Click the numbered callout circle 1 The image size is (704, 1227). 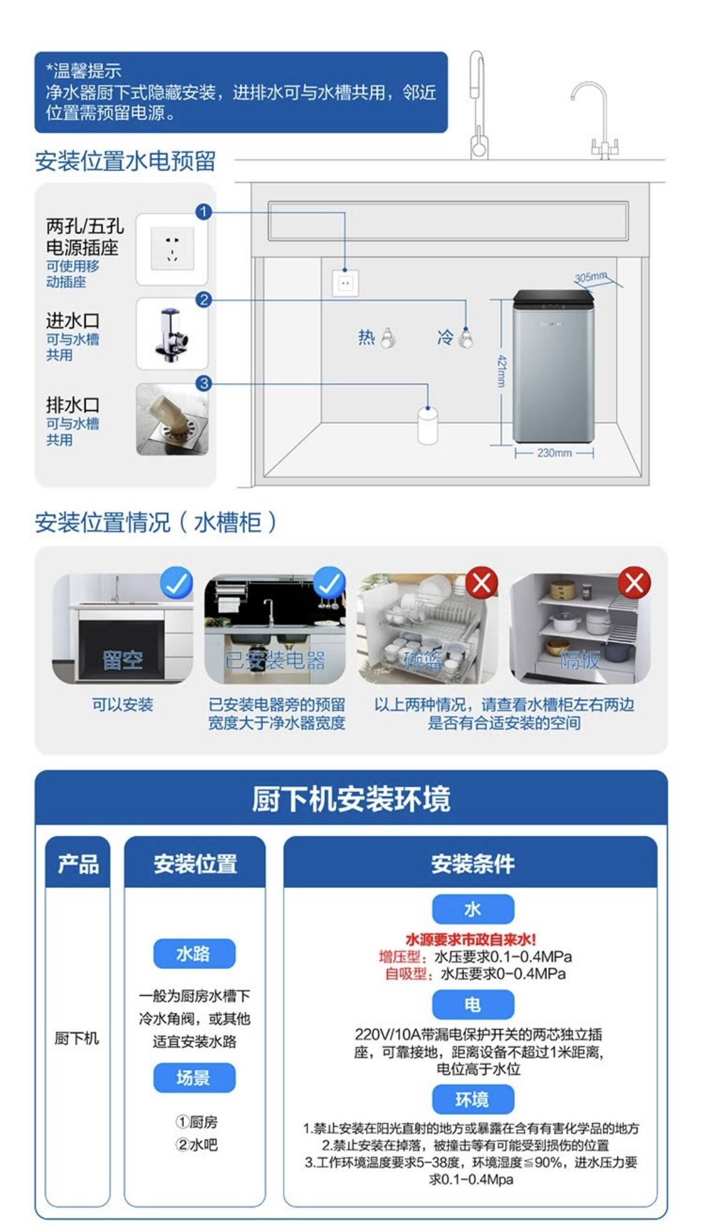204,212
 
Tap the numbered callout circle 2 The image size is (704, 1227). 204,300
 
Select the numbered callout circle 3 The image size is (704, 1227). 204,384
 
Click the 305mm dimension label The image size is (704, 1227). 590,277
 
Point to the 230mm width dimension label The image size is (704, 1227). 554,453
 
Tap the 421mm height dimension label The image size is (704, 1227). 501,371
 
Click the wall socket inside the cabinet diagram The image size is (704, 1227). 345,283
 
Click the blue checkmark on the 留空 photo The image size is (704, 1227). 177,583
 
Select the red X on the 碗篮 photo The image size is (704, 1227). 482,583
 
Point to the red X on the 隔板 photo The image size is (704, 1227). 634,583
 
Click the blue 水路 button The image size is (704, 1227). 193,954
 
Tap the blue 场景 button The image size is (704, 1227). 193,1077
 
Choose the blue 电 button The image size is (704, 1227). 473,1004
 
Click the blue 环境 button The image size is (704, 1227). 473,1100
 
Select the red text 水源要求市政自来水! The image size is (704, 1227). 471,940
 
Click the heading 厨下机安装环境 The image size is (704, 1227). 351,799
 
